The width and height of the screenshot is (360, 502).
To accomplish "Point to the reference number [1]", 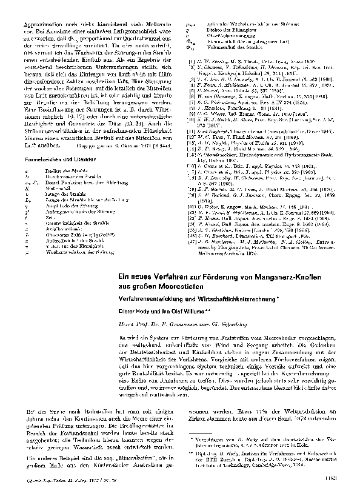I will [x=192, y=62].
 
